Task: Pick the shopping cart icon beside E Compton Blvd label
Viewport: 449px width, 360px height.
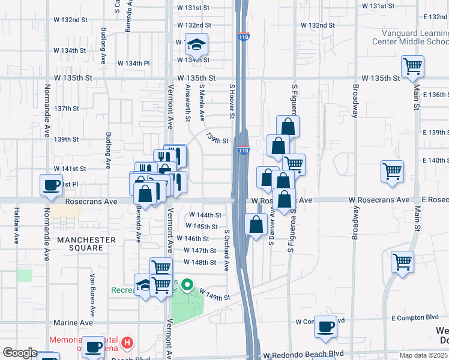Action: coord(402,262)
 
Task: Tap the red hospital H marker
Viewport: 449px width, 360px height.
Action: coord(127,343)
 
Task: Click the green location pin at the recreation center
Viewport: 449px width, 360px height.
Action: coord(187,284)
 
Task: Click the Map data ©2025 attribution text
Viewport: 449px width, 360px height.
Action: coord(423,355)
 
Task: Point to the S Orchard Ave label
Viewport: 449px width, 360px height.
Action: coord(227,250)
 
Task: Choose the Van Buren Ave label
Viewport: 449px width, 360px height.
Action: coord(93,295)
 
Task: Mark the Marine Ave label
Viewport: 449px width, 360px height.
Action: coord(73,323)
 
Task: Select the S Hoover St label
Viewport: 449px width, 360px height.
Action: coord(232,101)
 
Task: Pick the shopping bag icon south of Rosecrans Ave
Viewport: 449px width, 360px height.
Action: coord(256,225)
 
